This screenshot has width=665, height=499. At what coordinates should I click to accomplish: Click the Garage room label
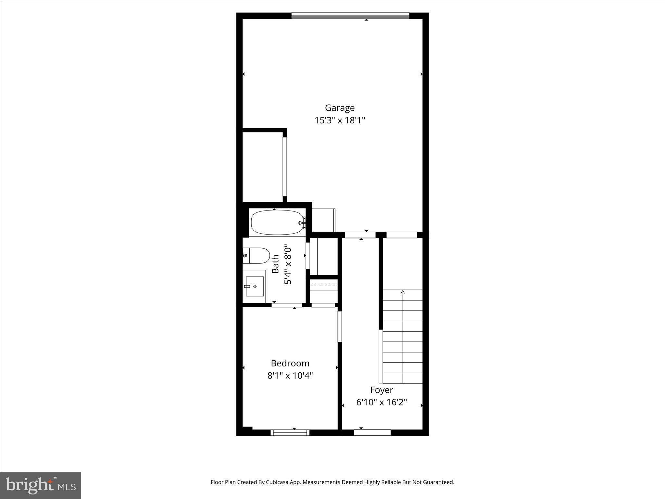(340, 108)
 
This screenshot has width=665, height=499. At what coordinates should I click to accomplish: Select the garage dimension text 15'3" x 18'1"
(340, 121)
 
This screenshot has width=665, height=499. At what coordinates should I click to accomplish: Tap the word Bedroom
(290, 363)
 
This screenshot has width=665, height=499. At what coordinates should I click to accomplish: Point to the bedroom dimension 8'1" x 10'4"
(290, 376)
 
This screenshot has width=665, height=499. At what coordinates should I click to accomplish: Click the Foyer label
(382, 390)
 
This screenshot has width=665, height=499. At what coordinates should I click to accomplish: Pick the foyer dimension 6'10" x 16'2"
(382, 403)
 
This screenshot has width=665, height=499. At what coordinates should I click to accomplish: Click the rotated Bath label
(275, 264)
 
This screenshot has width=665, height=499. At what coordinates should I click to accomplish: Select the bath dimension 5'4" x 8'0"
(288, 266)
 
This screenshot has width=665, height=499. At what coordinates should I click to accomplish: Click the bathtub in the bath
(277, 223)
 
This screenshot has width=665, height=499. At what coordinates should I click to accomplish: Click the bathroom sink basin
(255, 286)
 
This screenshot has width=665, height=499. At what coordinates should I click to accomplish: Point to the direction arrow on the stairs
(403, 292)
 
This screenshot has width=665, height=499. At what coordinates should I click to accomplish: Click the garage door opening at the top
(350, 16)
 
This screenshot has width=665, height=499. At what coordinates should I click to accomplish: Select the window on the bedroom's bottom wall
(290, 432)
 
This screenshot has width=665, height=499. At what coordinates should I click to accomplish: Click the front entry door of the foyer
(372, 432)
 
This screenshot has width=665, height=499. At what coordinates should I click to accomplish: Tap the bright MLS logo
(41, 486)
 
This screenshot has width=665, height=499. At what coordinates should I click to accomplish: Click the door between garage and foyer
(360, 235)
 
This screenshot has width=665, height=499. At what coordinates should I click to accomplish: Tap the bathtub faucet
(302, 223)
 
